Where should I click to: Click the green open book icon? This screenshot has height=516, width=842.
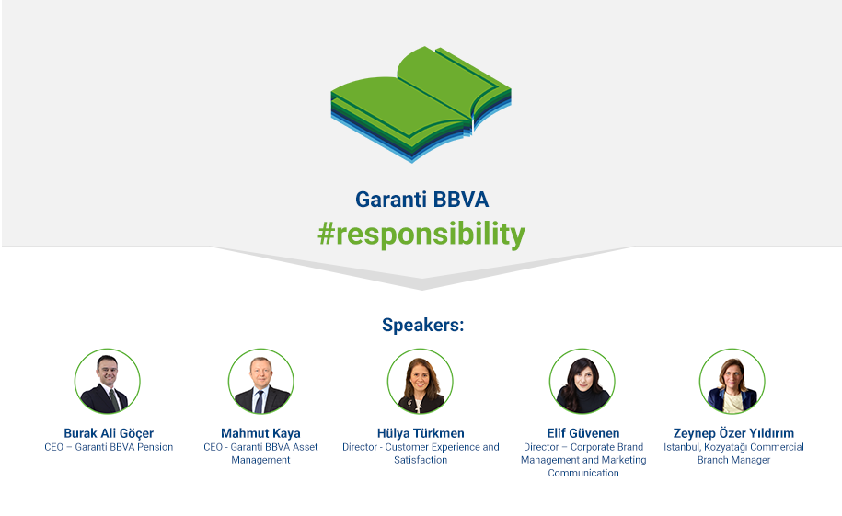tap(421, 104)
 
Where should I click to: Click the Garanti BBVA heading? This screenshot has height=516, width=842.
tap(422, 200)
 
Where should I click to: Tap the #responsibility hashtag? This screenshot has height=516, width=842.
tap(421, 235)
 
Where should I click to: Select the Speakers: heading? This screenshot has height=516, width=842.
tap(422, 325)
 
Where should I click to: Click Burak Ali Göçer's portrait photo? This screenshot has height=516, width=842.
tap(108, 381)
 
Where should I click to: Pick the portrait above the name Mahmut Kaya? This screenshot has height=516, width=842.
tap(261, 381)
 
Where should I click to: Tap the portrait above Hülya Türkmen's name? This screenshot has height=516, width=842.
tap(421, 381)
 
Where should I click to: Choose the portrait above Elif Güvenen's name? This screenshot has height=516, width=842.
tap(582, 381)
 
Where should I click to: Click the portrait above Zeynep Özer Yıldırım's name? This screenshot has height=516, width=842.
tap(732, 381)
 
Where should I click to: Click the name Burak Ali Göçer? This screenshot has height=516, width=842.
tap(109, 433)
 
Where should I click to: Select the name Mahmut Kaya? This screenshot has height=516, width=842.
tap(260, 433)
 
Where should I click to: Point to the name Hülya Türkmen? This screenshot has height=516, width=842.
tap(421, 433)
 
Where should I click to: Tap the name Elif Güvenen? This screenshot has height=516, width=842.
tap(583, 433)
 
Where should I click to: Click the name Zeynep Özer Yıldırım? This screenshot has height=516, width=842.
tap(733, 433)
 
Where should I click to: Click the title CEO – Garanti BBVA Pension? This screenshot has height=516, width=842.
tap(109, 447)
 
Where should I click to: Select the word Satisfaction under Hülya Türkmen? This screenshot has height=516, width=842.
tap(421, 460)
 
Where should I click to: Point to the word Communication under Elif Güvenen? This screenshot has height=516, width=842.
tap(583, 473)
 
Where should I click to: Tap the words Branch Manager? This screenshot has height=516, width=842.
tap(733, 460)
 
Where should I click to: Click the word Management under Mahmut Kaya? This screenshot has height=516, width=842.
tap(260, 460)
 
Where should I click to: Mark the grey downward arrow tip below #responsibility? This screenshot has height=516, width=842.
tap(421, 289)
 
